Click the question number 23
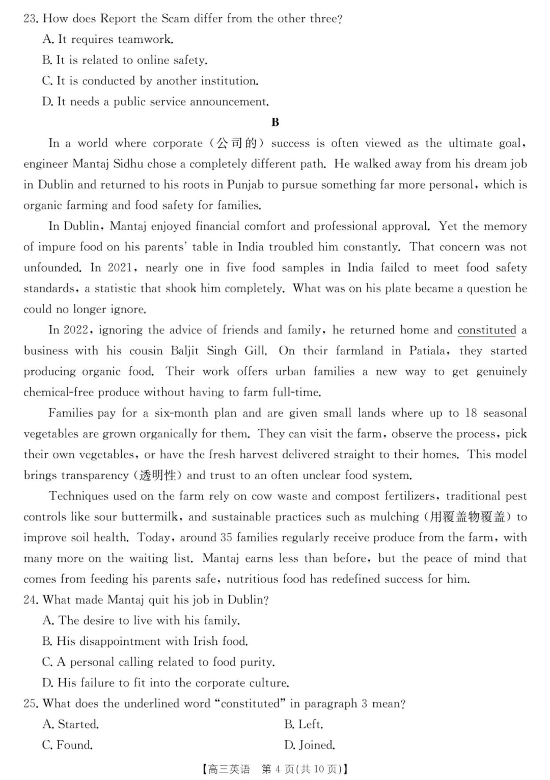31,19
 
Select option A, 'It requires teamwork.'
108,39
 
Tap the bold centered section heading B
276,122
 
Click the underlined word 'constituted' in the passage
487,330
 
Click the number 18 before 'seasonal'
471,413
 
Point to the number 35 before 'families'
227,537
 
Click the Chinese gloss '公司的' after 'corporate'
237,143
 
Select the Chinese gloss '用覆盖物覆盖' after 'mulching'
468,517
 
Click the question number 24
31,600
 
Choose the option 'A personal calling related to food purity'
158,662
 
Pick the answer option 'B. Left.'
304,724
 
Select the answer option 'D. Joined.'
310,745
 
